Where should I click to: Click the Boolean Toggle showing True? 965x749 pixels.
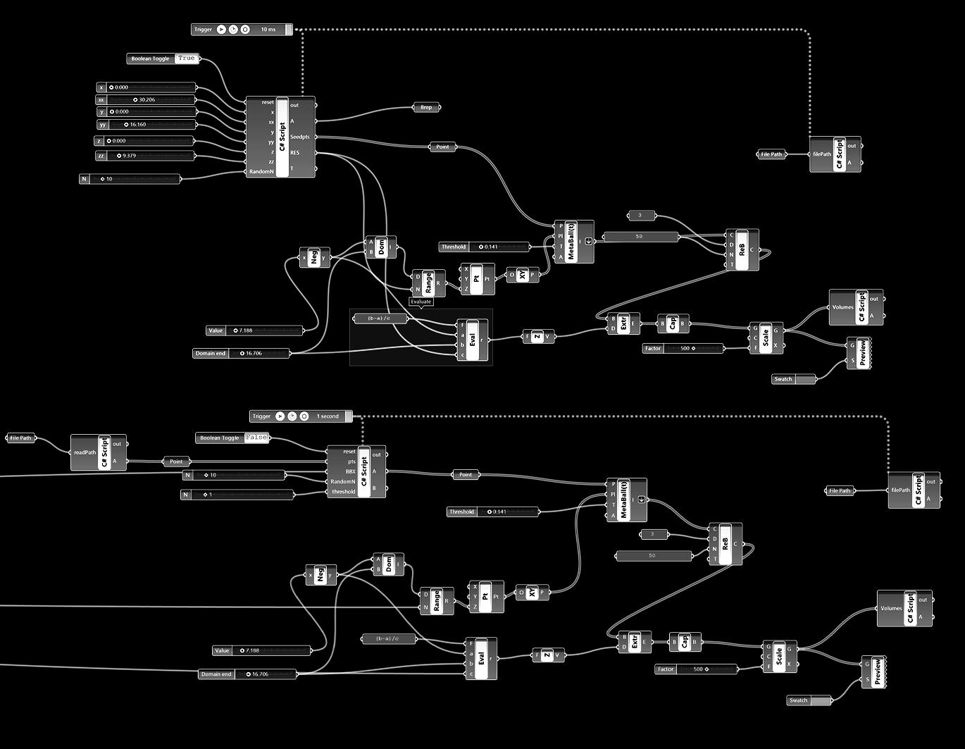click(x=163, y=58)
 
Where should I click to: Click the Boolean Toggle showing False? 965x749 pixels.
click(x=232, y=438)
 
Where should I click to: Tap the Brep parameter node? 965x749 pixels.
click(x=426, y=107)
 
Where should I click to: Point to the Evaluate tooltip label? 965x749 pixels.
click(x=421, y=302)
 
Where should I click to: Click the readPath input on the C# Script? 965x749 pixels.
click(x=85, y=452)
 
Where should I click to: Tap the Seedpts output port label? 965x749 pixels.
click(x=300, y=137)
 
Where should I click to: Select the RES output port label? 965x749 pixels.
click(x=294, y=152)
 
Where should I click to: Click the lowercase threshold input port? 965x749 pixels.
click(x=344, y=492)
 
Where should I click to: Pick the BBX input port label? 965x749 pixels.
click(x=350, y=471)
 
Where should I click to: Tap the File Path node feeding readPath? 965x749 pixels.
click(x=20, y=438)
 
